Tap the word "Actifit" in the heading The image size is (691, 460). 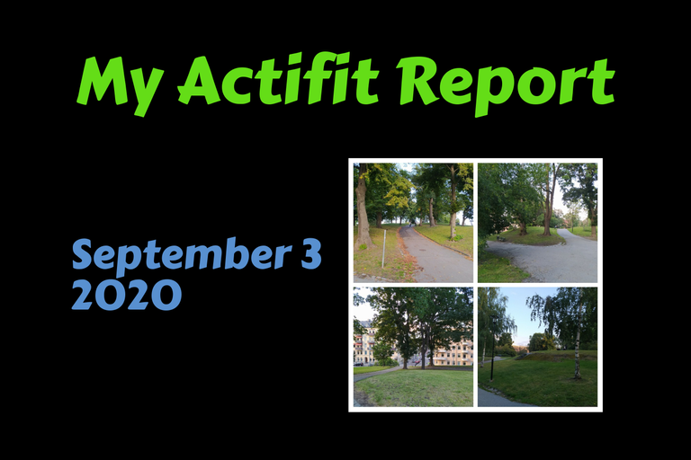[x=278, y=79]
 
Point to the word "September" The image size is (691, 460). [x=182, y=255]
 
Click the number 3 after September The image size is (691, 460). [x=311, y=254]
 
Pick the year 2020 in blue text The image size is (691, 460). [x=127, y=295]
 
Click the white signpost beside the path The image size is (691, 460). [x=384, y=249]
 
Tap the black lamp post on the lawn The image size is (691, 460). [x=493, y=348]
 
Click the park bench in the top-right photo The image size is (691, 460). [x=501, y=238]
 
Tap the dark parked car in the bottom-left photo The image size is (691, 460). [x=359, y=364]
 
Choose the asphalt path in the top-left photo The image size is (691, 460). [x=432, y=255]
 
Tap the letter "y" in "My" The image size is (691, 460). [x=146, y=93]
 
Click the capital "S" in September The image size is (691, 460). [x=83, y=254]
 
